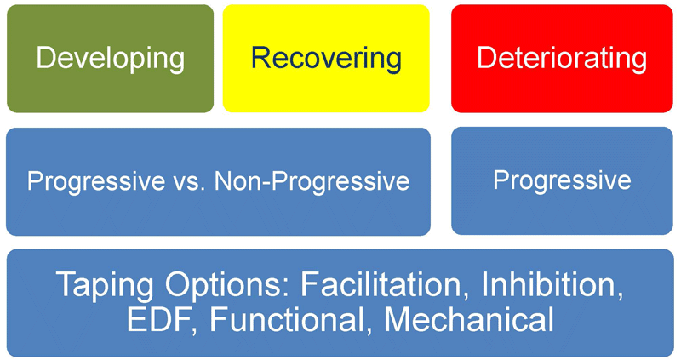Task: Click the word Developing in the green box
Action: pos(111,60)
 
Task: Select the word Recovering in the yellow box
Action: pos(326,60)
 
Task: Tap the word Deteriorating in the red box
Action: pos(562,59)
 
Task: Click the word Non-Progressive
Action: pos(312,180)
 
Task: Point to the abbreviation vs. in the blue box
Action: pos(189,181)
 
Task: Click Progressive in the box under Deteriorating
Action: pos(562,180)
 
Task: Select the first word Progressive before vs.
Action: pos(96,180)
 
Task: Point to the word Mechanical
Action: pos(469,320)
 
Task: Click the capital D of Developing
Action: pos(47,57)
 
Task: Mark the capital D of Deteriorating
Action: pos(488,57)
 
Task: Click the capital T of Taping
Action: pos(68,283)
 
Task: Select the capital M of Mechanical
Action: pos(398,319)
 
